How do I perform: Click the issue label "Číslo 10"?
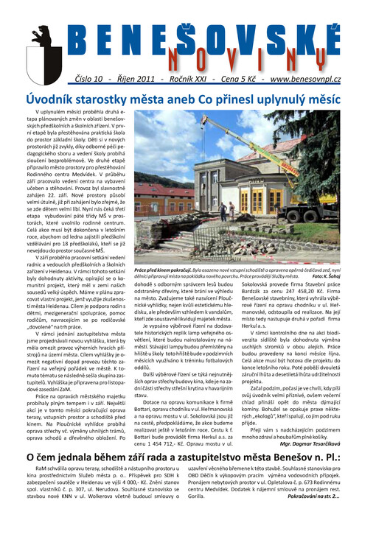92,77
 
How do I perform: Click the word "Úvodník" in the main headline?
56,98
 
